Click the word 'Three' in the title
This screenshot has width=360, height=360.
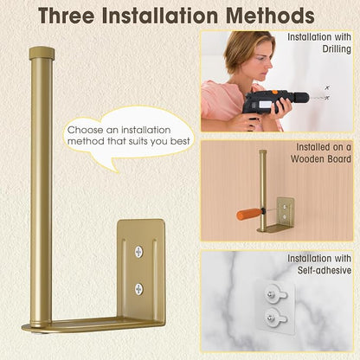67,16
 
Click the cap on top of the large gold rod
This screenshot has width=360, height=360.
42,53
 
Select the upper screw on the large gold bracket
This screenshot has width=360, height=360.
139,252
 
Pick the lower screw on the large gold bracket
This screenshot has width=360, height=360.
139,289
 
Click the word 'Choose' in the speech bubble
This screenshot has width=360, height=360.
86,130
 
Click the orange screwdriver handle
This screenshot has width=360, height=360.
247,214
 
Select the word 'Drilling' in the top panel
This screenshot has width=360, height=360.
337,49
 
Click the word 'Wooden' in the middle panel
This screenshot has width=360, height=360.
308,159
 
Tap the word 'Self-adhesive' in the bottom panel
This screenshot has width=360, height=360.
325,270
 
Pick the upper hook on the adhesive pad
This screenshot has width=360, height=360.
275,293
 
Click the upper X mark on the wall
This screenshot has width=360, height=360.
327,87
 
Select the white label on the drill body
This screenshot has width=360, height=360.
265,105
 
